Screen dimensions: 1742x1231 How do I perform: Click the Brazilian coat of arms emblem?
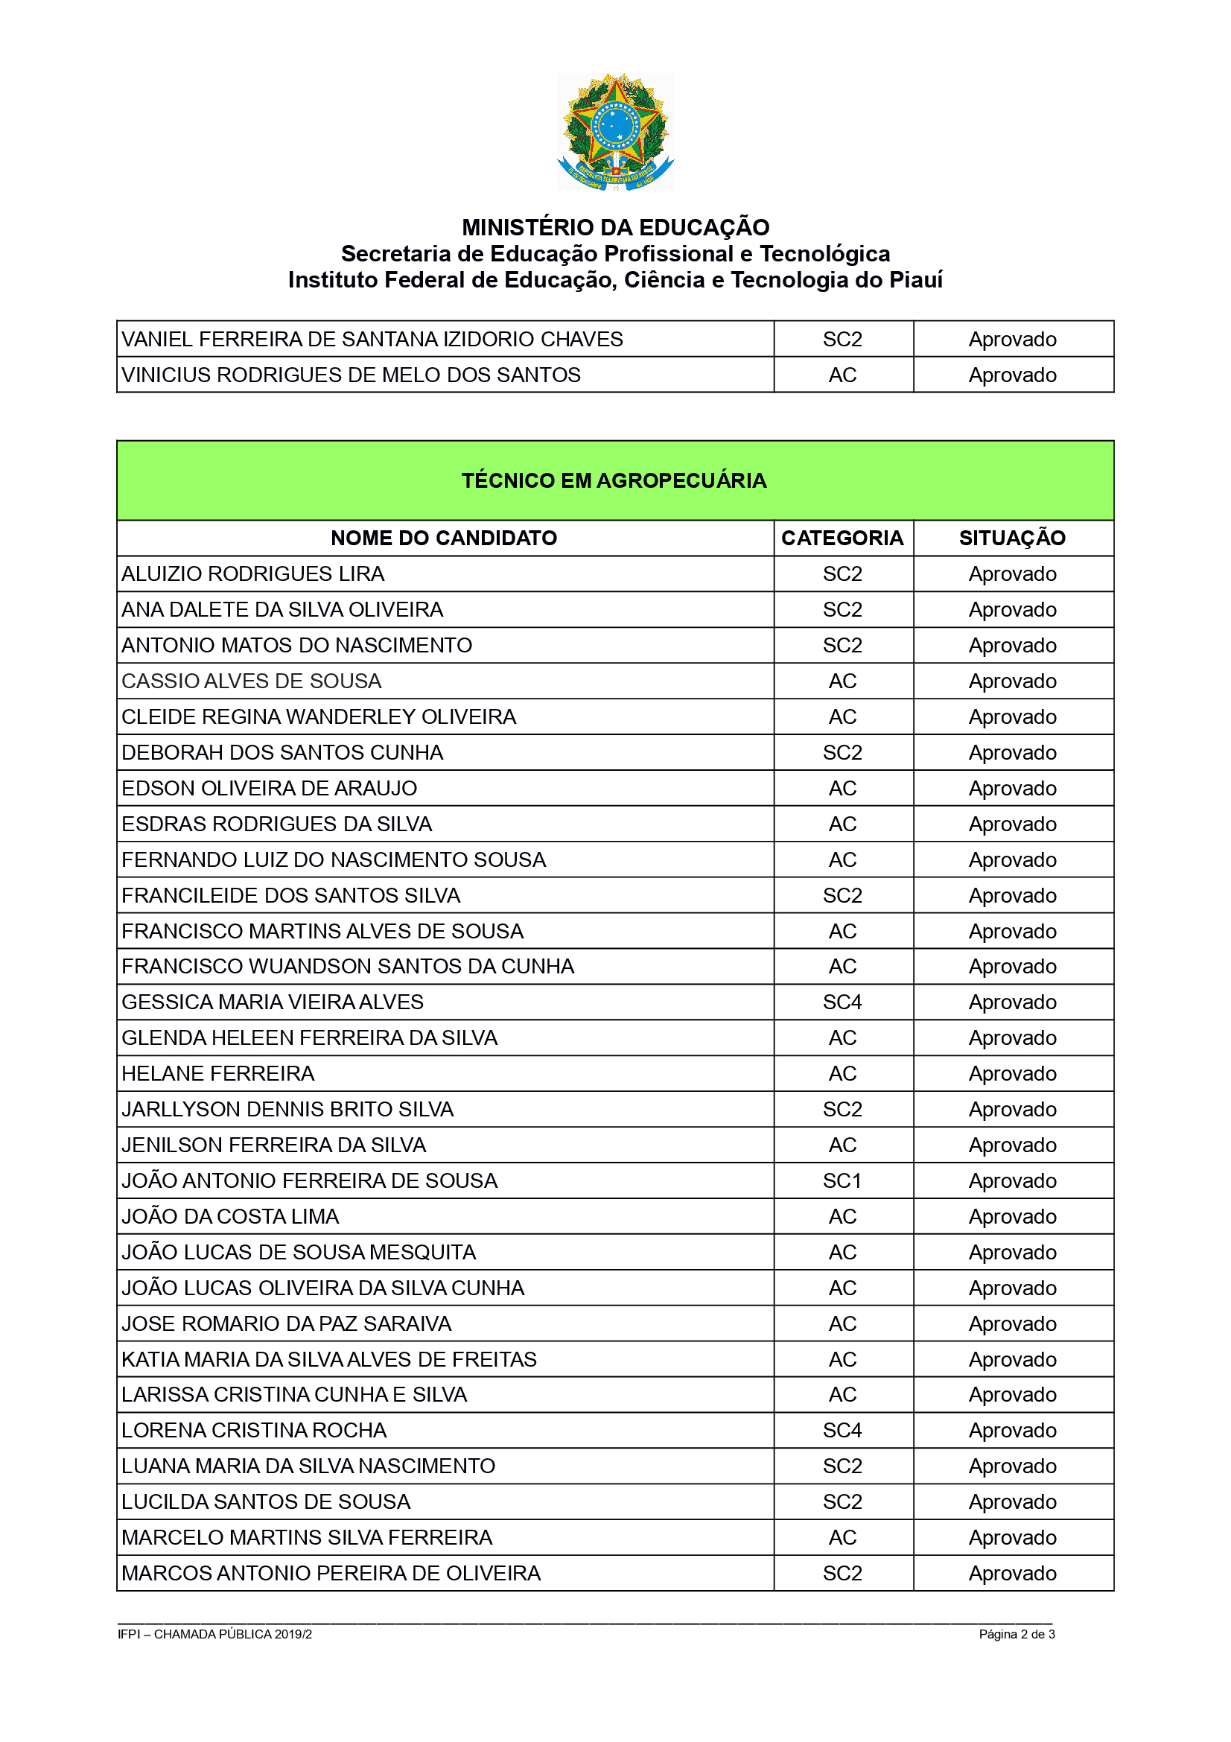pyautogui.click(x=615, y=131)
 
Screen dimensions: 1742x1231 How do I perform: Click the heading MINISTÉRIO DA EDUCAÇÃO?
pyautogui.click(x=615, y=228)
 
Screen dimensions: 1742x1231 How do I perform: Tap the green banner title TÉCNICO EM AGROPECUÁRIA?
pyautogui.click(x=614, y=480)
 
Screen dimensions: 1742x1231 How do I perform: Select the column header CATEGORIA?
pyautogui.click(x=842, y=538)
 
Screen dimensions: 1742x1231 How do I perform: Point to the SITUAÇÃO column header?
pyautogui.click(x=1012, y=538)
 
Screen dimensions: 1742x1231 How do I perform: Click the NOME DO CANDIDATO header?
pyautogui.click(x=444, y=538)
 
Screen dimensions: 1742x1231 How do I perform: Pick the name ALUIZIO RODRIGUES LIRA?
pyautogui.click(x=252, y=573)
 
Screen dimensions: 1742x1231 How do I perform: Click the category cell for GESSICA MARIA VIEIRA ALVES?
pyautogui.click(x=842, y=1002)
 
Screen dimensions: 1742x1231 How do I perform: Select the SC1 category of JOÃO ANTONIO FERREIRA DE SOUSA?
pyautogui.click(x=842, y=1180)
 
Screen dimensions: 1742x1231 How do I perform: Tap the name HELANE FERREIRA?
pyautogui.click(x=217, y=1074)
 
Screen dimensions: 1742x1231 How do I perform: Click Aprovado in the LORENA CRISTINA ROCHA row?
pyautogui.click(x=1012, y=1430)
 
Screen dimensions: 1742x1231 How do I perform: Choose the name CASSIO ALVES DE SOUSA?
pyautogui.click(x=251, y=681)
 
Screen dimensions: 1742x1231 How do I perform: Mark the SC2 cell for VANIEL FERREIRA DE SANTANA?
pyautogui.click(x=842, y=339)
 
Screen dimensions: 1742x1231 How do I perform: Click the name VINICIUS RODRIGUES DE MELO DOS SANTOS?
pyautogui.click(x=351, y=375)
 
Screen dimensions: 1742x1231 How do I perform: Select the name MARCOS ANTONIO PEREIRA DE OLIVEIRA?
pyautogui.click(x=331, y=1573)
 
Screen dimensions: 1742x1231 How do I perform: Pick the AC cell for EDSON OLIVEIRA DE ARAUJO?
pyautogui.click(x=842, y=788)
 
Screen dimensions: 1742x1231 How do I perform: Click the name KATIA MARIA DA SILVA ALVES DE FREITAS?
pyautogui.click(x=328, y=1359)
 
